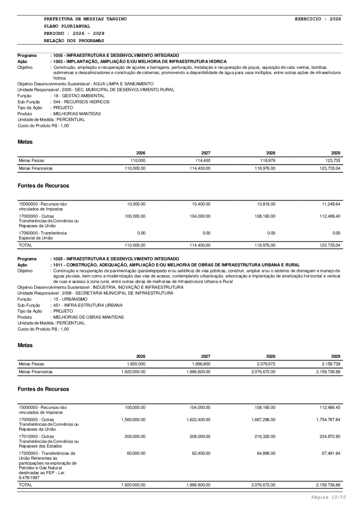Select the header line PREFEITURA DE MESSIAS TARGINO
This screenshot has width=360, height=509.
click(85, 19)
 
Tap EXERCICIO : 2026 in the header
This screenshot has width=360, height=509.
click(318, 19)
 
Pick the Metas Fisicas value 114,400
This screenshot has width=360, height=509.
click(202, 160)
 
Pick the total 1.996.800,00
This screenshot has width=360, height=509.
click(198, 485)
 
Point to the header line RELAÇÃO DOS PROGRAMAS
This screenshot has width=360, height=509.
click(74, 41)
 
